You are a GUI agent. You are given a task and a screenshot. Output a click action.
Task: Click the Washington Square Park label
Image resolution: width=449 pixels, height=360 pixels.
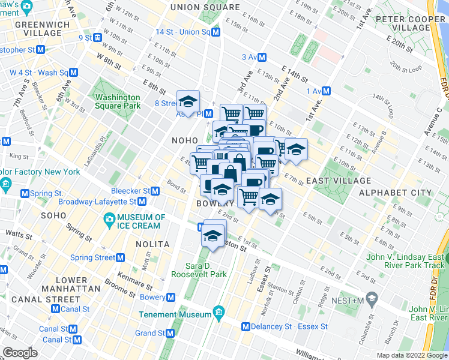[117, 101]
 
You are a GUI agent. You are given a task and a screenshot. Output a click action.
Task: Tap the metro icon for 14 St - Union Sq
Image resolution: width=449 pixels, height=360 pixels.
[215, 32]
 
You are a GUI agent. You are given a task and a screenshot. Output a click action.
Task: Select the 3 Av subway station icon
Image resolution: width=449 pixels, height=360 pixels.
[262, 57]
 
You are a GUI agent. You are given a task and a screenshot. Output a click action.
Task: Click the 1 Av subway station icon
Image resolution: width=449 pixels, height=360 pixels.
[326, 91]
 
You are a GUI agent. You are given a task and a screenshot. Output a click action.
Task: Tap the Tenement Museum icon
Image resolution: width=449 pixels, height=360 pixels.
[218, 314]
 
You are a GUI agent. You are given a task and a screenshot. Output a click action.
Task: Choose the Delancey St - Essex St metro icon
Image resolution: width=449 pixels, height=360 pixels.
[246, 326]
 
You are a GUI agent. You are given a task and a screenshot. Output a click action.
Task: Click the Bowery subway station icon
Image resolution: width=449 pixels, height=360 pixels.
[171, 297]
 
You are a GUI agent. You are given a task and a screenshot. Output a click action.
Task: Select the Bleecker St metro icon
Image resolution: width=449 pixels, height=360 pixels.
[155, 191]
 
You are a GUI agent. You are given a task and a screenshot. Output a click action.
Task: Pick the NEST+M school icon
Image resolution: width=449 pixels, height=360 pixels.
[372, 299]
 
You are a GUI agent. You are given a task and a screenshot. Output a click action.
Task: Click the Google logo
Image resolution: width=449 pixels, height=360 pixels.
[20, 353]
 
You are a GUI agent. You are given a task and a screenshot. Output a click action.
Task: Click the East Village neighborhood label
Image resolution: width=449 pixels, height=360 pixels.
[339, 181]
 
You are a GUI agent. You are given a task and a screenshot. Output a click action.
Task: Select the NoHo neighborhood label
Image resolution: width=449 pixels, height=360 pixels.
[184, 140]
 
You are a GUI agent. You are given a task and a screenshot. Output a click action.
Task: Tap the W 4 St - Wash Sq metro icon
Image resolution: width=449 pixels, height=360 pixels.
[73, 72]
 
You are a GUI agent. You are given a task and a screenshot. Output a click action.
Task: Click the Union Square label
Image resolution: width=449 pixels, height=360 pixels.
[205, 7]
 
